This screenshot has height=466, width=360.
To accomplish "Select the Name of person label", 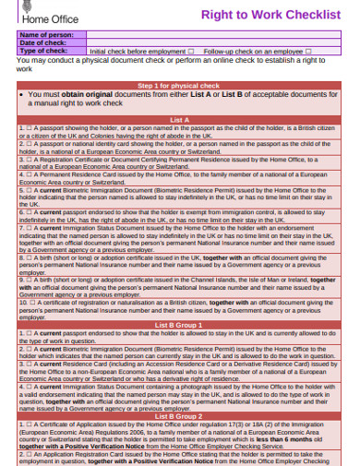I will point(46,34).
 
